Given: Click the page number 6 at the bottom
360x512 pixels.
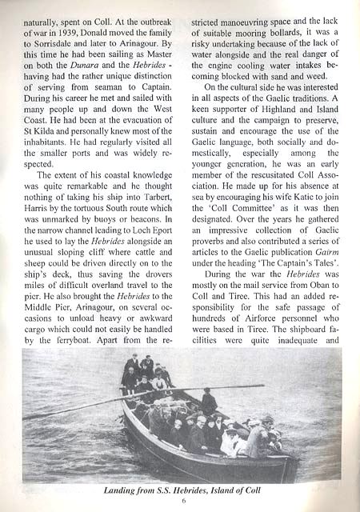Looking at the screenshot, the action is coord(182,501).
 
